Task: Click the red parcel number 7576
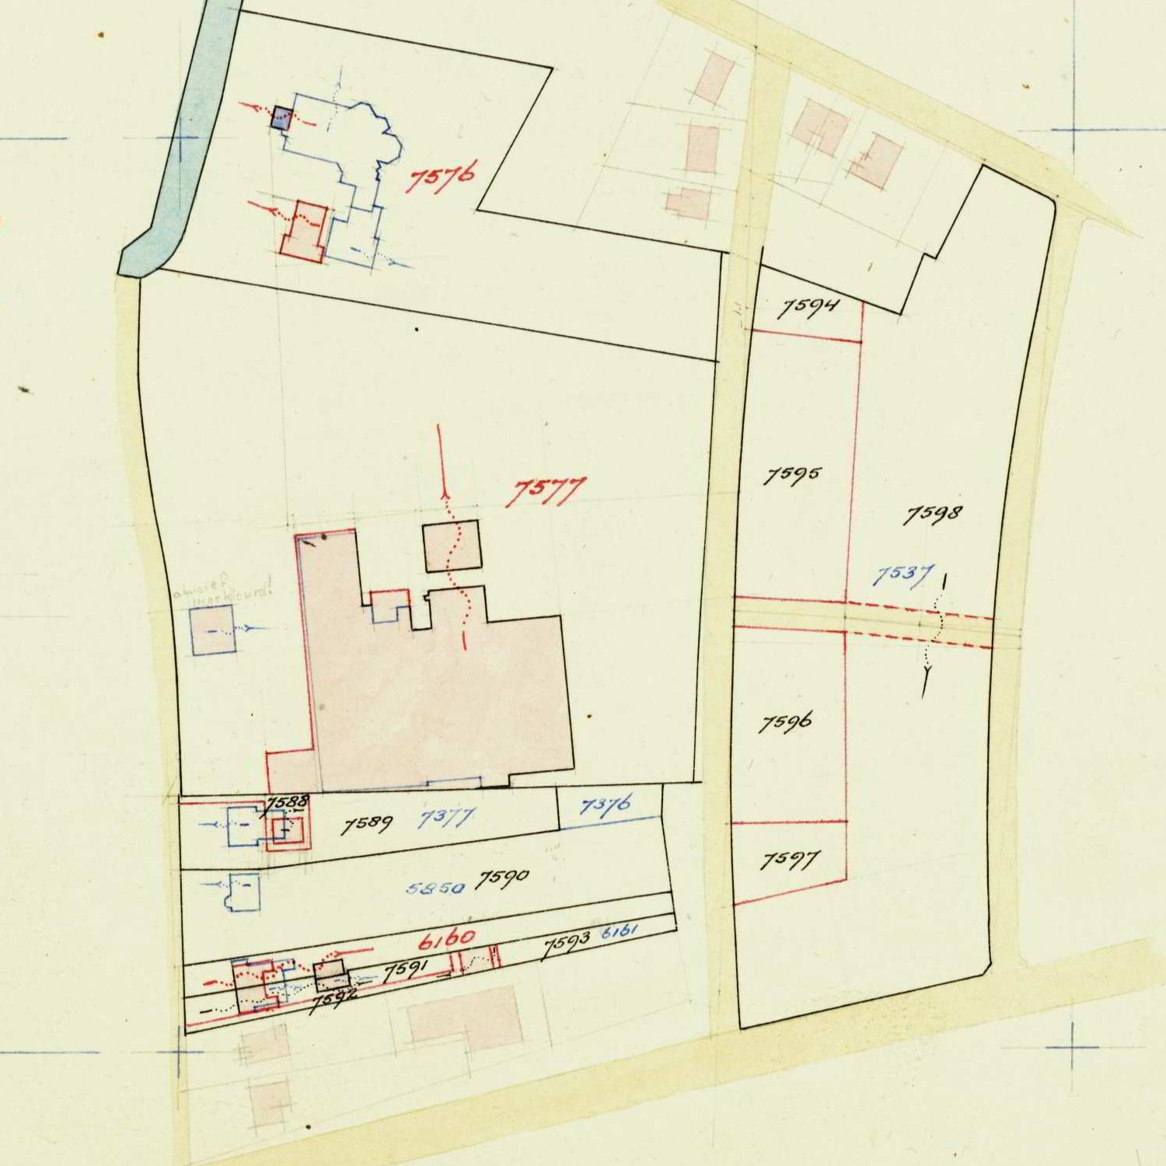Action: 441,180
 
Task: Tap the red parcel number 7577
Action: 546,492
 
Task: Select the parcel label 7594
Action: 808,308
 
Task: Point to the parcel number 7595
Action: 791,475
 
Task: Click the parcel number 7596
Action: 785,723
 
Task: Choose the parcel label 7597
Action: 790,861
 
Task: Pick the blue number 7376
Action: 606,805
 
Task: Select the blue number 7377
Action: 446,819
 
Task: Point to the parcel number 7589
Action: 368,825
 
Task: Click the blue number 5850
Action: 435,888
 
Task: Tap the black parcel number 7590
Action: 502,879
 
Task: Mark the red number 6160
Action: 446,938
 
